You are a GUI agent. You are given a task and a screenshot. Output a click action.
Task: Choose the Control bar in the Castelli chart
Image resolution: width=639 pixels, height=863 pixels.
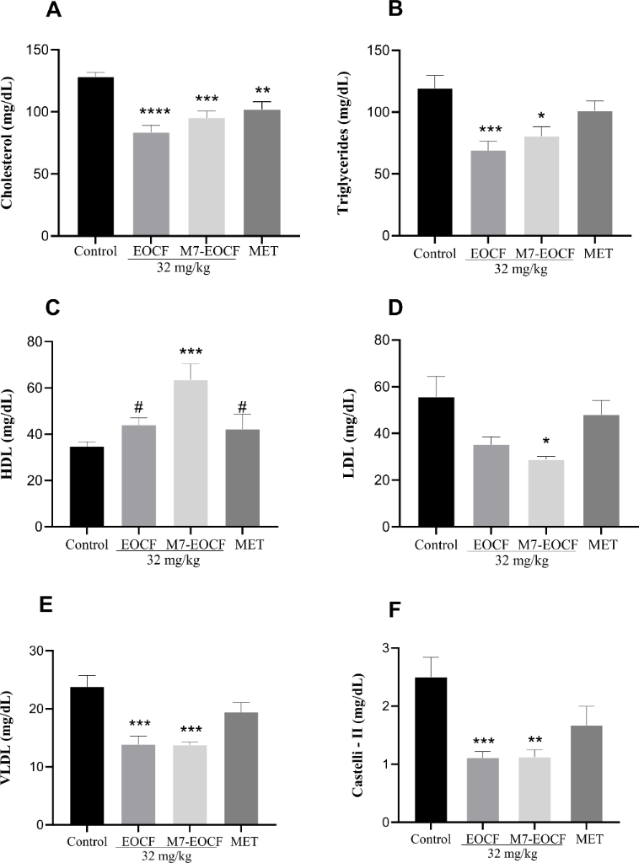click(430, 749)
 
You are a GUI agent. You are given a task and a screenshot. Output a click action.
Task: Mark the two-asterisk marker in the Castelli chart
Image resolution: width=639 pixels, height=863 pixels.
click(536, 737)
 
